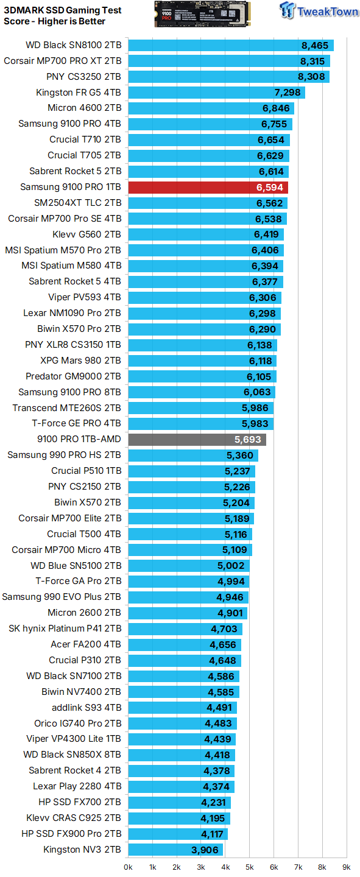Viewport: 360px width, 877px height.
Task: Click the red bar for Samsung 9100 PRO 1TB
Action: [207, 187]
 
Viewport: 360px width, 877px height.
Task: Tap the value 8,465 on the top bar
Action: [315, 45]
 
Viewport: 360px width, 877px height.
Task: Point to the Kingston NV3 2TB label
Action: [82, 849]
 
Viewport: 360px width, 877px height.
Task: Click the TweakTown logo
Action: [319, 12]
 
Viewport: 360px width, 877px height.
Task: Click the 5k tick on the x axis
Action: [250, 867]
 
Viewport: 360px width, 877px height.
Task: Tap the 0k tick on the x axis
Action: [129, 867]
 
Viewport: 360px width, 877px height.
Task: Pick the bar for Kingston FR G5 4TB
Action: [216, 93]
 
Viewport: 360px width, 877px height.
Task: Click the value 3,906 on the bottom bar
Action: [206, 849]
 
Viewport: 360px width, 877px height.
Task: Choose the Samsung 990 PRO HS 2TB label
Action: [64, 455]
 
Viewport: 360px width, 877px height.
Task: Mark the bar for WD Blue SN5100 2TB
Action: [189, 565]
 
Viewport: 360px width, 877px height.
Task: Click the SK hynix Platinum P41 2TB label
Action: [65, 629]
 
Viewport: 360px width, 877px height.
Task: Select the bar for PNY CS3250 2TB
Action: [228, 77]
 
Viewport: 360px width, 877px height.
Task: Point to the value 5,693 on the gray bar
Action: [248, 439]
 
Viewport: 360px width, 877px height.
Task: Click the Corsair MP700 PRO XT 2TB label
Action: [63, 61]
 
